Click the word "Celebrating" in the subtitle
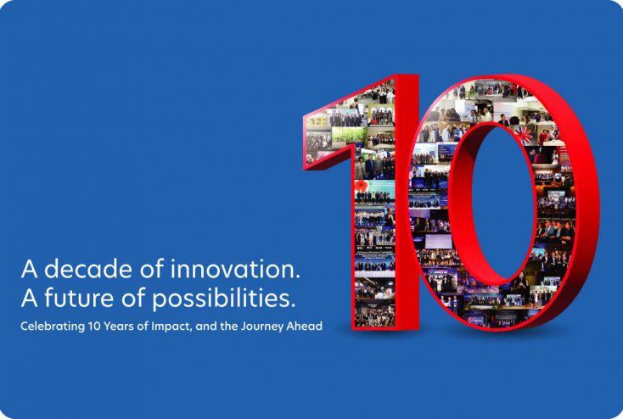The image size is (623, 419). [50, 327]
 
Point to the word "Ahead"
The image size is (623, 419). [306, 327]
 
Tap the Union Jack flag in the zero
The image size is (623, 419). [524, 134]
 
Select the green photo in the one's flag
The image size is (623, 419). [349, 134]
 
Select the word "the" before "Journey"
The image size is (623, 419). [235, 327]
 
